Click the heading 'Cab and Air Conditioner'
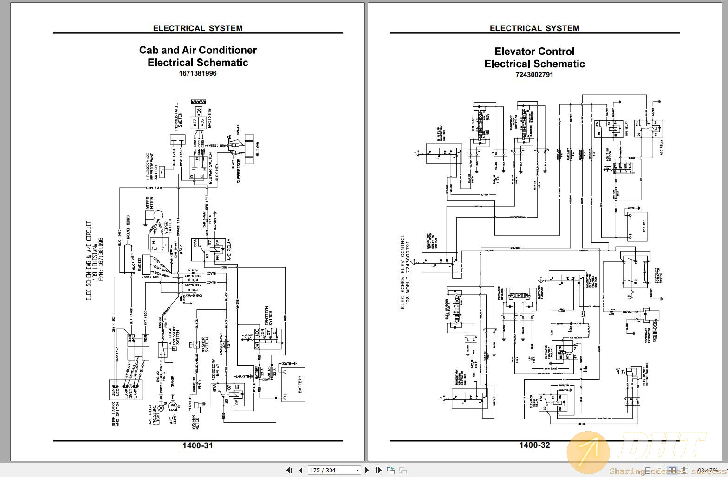click(x=198, y=50)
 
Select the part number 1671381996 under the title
click(x=198, y=73)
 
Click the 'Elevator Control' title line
click(x=534, y=52)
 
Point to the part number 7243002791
click(x=534, y=75)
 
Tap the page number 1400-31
click(x=198, y=445)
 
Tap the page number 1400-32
click(x=534, y=445)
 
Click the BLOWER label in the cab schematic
click(x=258, y=149)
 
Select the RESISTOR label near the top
click(x=209, y=118)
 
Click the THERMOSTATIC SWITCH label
click(x=178, y=116)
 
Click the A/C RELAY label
click(x=229, y=250)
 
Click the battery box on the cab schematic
click(x=293, y=384)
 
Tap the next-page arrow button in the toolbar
click(x=367, y=470)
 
